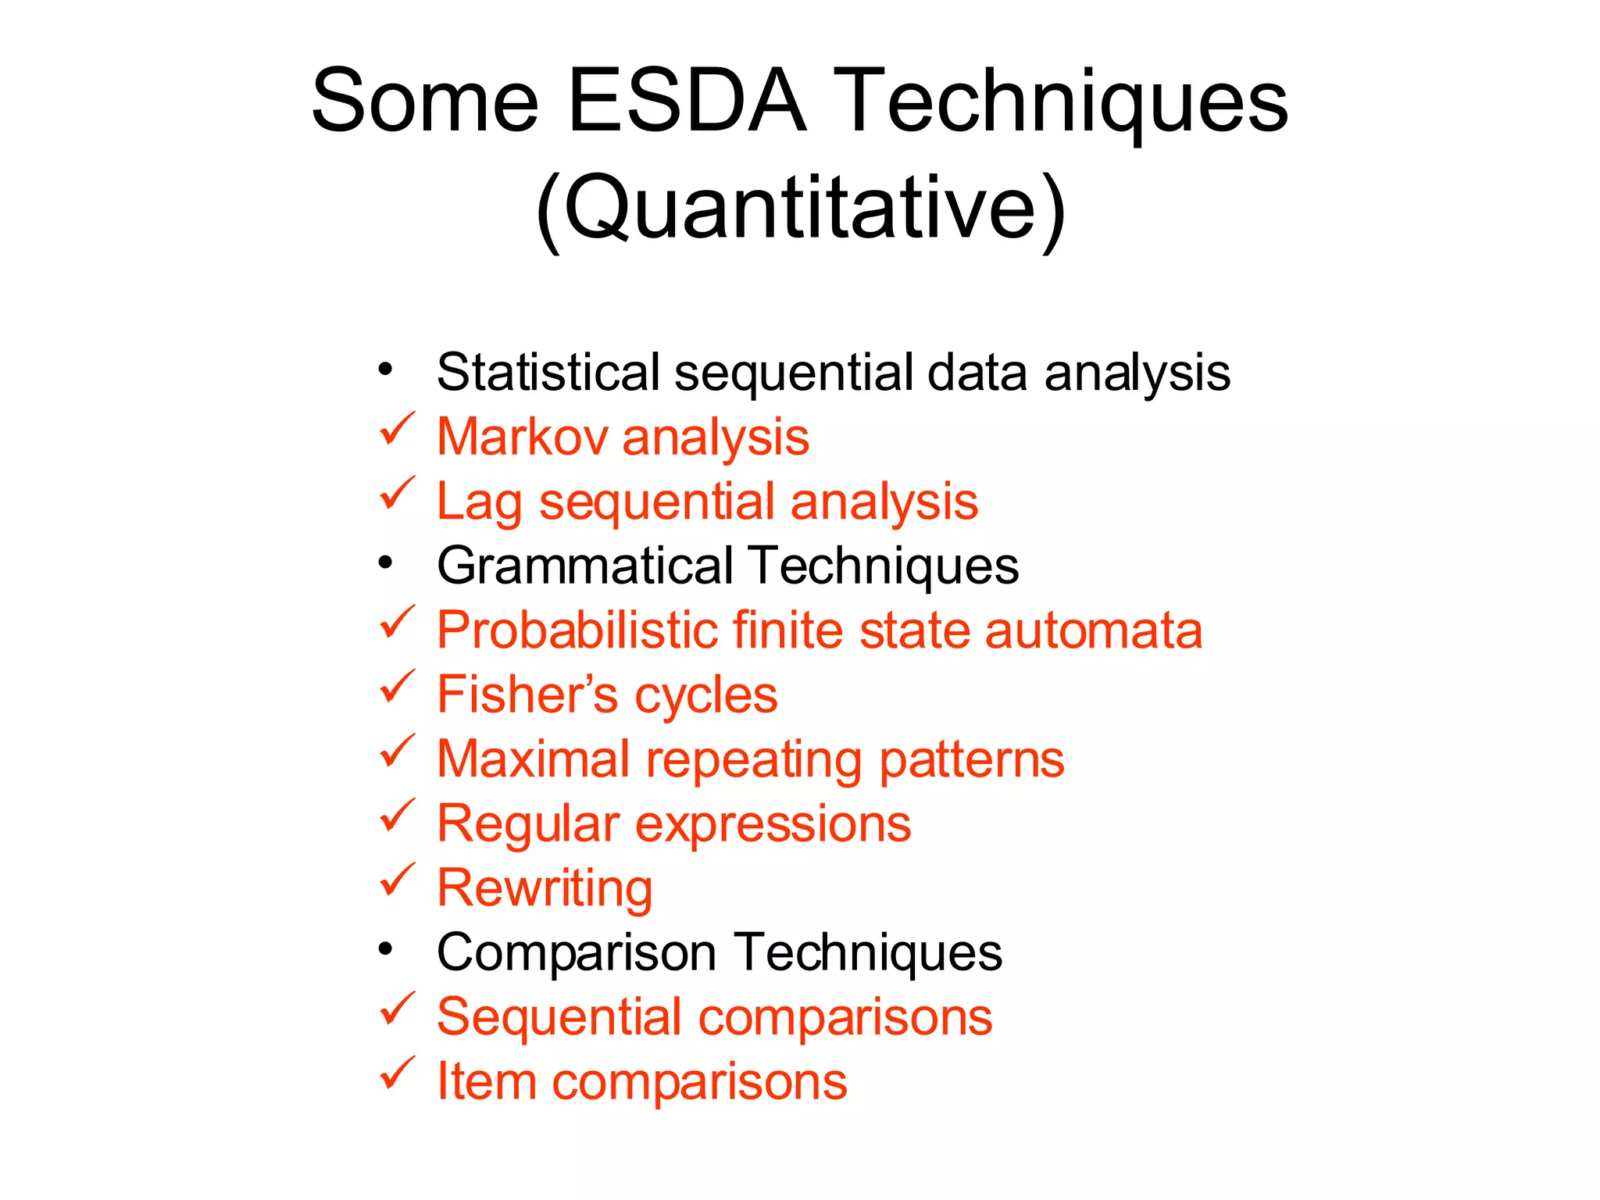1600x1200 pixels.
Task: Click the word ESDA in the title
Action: tap(686, 102)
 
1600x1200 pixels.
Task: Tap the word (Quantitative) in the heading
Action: tap(800, 208)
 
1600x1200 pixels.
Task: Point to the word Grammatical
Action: tap(585, 565)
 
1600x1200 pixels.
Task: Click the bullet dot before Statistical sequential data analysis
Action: tap(385, 369)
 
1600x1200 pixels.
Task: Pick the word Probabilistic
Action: tap(577, 630)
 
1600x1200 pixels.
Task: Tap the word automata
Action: tap(1093, 630)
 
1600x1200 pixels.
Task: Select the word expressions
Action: tap(773, 824)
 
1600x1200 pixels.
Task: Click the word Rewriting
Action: tap(545, 889)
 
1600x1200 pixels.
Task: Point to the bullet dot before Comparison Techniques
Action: tap(385, 949)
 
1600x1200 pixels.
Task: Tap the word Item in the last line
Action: tap(485, 1081)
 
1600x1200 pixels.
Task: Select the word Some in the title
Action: tap(425, 102)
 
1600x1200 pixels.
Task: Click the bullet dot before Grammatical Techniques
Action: tap(385, 562)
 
